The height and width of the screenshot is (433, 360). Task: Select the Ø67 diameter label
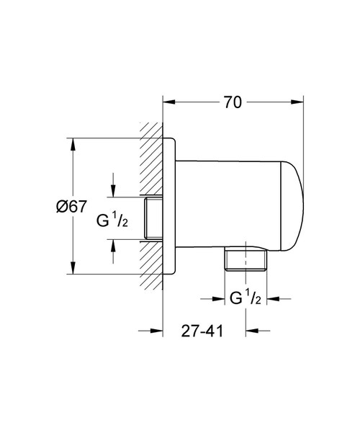click(x=71, y=207)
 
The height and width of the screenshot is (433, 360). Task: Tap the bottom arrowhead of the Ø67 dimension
click(x=73, y=269)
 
